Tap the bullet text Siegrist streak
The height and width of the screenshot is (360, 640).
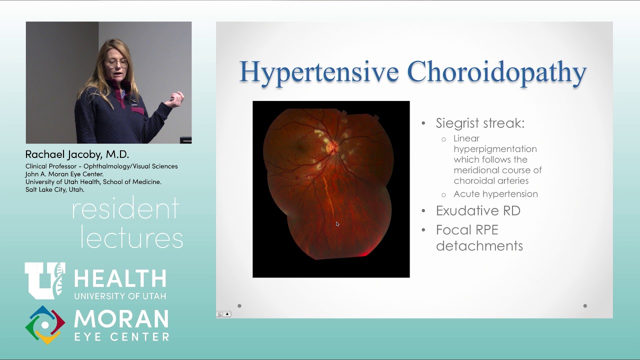[x=479, y=123]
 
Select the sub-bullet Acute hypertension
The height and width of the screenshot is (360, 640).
[x=495, y=194]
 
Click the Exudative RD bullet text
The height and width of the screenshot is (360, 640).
[x=478, y=210]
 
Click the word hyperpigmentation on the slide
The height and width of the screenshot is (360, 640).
[x=495, y=149]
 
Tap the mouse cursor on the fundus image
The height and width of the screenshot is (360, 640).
[x=337, y=224]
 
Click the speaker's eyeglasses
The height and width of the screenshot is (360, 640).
[x=116, y=63]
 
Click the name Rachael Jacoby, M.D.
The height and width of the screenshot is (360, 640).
[x=77, y=154]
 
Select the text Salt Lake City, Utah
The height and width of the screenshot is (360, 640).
[x=55, y=190]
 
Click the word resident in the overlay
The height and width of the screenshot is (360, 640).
[x=125, y=209]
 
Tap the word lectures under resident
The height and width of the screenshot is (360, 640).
[x=131, y=238]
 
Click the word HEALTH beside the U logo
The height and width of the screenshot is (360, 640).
[x=120, y=279]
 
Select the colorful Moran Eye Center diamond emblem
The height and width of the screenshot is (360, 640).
[x=45, y=325]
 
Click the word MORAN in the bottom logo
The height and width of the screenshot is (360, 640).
[x=121, y=319]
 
